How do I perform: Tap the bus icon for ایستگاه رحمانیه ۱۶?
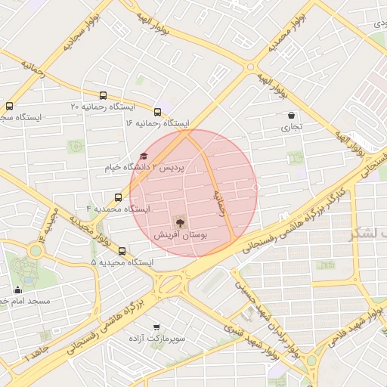[157, 113]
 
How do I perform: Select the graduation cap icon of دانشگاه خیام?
[144, 156]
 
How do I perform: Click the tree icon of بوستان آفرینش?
[180, 222]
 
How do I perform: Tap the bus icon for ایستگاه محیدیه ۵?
[122, 252]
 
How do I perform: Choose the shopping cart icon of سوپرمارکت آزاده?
[156, 327]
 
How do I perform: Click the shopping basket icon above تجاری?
[291, 116]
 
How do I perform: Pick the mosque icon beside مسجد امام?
[18, 289]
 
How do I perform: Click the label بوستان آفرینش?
[181, 236]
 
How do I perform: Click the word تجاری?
[291, 128]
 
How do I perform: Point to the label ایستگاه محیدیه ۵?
[122, 263]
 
